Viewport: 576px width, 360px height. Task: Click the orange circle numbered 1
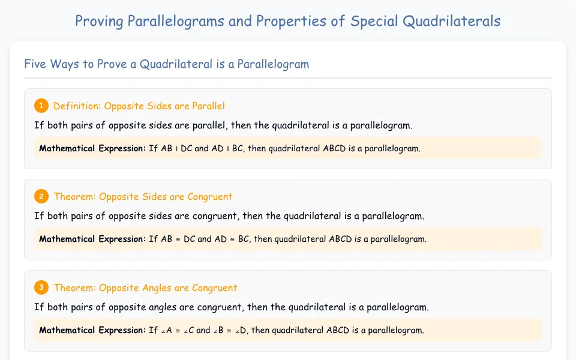click(41, 106)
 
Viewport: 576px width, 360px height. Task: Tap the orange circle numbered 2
click(41, 197)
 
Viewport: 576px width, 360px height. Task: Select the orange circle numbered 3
click(41, 287)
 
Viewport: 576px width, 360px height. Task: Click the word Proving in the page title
click(99, 22)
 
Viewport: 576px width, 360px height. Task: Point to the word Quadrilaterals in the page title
click(451, 21)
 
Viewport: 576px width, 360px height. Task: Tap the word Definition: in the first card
click(77, 106)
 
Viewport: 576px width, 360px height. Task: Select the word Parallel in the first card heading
click(208, 106)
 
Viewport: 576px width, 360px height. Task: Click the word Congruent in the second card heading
click(210, 197)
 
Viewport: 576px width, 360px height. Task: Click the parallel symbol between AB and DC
click(176, 149)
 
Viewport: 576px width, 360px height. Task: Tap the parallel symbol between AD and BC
click(228, 149)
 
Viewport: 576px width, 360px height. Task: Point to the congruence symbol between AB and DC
click(178, 239)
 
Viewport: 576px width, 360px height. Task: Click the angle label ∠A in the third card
click(166, 330)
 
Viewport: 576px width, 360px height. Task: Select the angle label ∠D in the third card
click(241, 330)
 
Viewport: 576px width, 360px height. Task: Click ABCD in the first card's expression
click(334, 148)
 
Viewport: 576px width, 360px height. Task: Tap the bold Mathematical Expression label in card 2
click(92, 239)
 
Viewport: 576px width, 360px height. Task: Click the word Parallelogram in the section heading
click(273, 64)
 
